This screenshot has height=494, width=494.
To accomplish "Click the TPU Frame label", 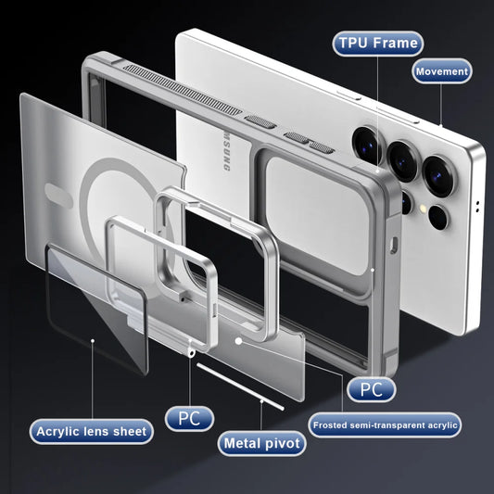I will (376, 43).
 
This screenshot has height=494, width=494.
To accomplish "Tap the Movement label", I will (441, 71).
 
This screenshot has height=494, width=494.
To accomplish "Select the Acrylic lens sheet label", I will (91, 431).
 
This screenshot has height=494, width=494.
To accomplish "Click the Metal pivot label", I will (263, 444).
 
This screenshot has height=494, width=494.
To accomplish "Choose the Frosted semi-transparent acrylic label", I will (386, 425).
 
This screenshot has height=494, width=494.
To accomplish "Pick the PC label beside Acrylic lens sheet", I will (188, 418).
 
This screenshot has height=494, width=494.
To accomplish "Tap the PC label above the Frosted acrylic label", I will (371, 389).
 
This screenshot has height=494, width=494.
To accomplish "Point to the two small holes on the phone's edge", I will (477, 204).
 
